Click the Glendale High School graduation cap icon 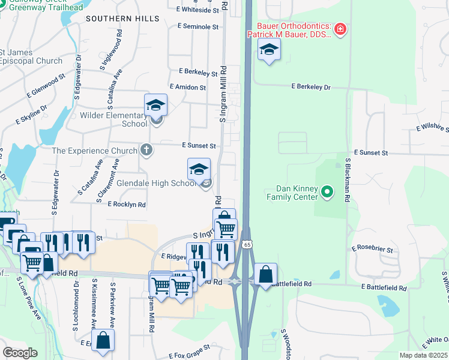click(x=199, y=169)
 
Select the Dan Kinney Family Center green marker click(x=327, y=193)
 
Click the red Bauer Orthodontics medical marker click(x=340, y=29)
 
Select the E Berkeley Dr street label click(x=311, y=87)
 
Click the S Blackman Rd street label click(x=348, y=179)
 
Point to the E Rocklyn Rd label click(x=127, y=205)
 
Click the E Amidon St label click(x=187, y=87)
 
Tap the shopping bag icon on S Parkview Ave click(x=103, y=340)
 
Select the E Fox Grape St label click(x=189, y=347)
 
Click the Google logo click(x=20, y=352)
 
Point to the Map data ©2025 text click(x=423, y=355)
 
